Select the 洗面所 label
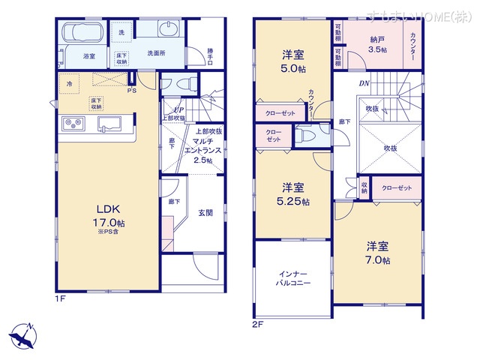155,55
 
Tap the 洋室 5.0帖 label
292,61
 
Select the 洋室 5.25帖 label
292,194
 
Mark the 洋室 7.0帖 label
378,253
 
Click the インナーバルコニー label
293,280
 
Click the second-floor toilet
306,136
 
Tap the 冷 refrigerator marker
69,82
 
